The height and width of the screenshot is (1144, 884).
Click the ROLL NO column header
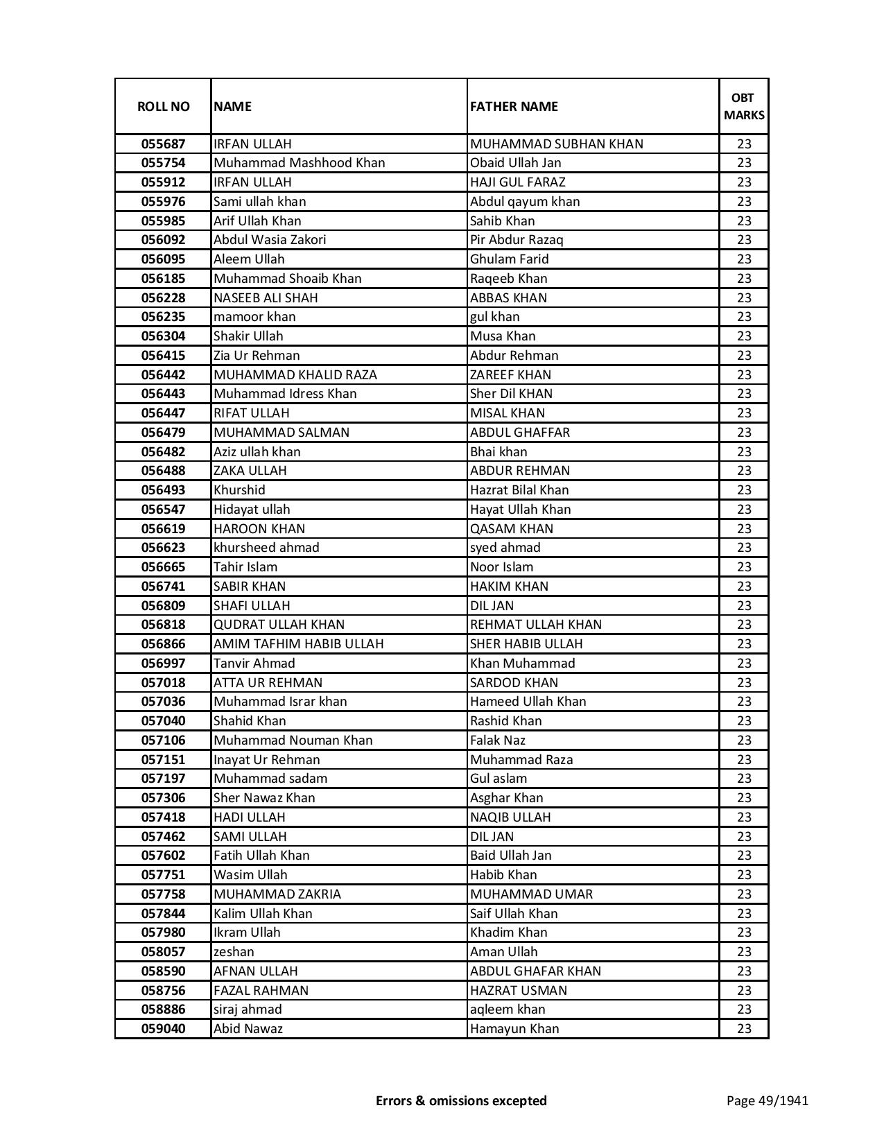163,106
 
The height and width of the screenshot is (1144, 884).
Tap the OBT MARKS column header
744,106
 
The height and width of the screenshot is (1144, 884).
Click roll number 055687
163,144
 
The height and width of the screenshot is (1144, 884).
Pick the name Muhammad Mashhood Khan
299,163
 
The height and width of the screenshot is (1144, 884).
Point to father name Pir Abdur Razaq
517,240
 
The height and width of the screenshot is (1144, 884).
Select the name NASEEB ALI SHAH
266,297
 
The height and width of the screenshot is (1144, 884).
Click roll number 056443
163,394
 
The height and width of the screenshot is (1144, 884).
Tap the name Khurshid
239,490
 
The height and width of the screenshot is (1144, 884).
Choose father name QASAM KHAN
512,528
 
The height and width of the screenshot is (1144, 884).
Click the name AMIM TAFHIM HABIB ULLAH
298,644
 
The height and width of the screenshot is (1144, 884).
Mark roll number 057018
163,682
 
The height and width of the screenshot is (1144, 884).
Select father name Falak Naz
498,740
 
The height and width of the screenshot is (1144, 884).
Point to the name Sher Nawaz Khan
264,798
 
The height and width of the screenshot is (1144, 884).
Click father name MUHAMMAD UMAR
531,894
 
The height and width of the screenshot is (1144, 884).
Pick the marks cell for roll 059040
744,1029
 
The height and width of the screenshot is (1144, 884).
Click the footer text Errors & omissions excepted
461,1100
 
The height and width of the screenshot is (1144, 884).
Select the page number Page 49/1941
767,1100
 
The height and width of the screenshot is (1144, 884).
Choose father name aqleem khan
508,1009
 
